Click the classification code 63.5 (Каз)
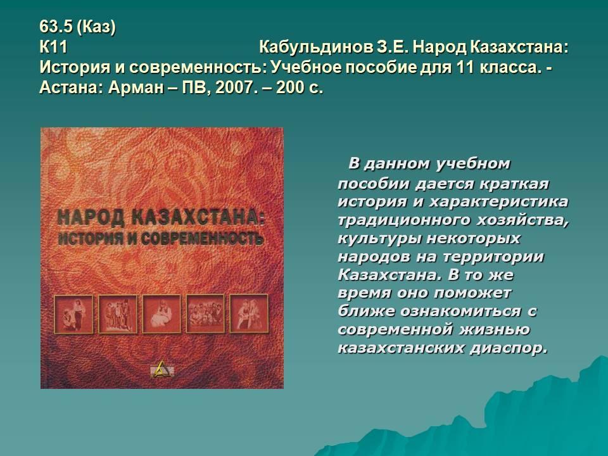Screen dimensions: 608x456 pyautogui.click(x=77, y=27)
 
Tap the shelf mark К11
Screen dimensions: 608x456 pyautogui.click(x=53, y=47)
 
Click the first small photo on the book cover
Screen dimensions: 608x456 pyautogui.click(x=73, y=314)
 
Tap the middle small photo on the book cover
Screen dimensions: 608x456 pyautogui.click(x=161, y=313)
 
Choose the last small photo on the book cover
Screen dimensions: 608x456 pyautogui.click(x=249, y=313)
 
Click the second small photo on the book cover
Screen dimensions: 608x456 pyautogui.click(x=118, y=314)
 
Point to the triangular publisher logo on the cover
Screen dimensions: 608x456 pyautogui.click(x=161, y=369)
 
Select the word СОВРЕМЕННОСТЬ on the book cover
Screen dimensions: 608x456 pyautogui.click(x=202, y=237)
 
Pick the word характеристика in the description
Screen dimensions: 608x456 pyautogui.click(x=498, y=202)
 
